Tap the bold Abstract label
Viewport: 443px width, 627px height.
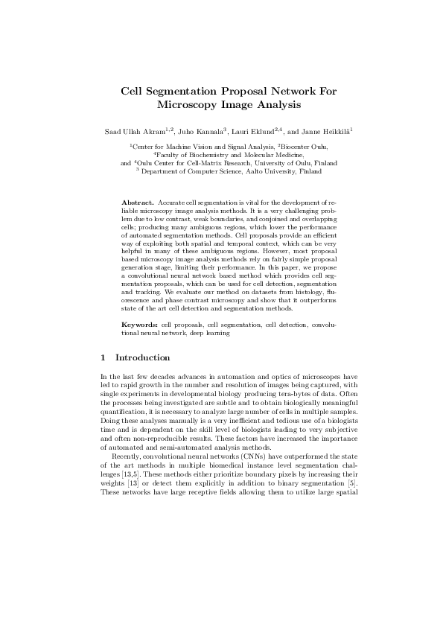pos(138,203)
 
